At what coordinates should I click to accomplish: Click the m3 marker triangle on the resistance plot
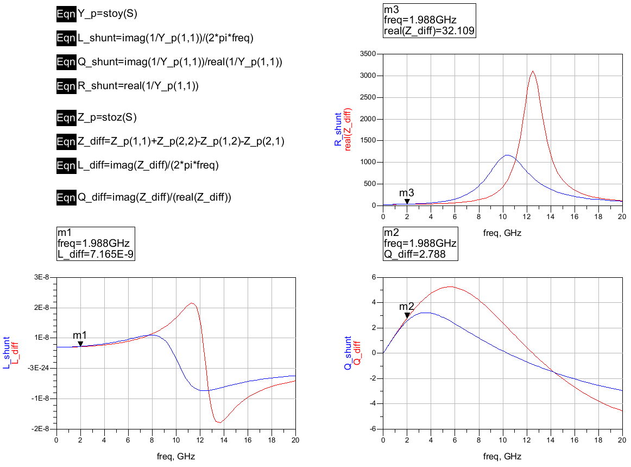407,201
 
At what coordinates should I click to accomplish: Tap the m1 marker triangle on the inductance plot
80,343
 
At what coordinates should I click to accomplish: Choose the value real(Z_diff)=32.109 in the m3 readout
430,31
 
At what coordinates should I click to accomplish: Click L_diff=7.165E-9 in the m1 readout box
95,254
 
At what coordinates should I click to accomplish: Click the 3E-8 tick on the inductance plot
42,277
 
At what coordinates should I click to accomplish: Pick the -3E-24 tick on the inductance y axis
39,368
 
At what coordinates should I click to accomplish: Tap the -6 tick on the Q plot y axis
374,429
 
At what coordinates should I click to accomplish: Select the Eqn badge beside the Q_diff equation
66,197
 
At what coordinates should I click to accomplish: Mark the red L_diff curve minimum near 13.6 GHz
219,422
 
